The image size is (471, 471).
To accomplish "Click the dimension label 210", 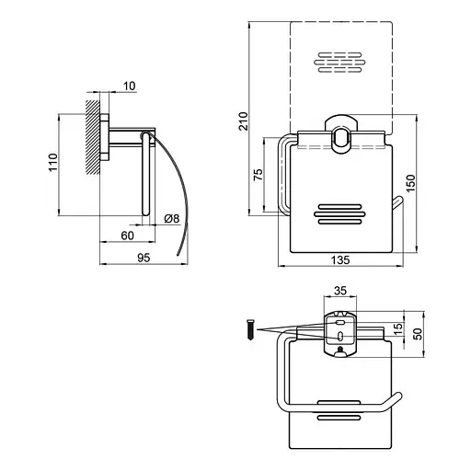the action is point(244,121).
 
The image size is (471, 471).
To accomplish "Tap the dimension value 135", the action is point(340,260).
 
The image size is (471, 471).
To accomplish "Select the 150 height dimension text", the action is point(410,183).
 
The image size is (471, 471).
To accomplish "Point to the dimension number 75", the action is point(258,174).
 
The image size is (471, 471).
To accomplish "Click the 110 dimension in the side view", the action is point(52,162).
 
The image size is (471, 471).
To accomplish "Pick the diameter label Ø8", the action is point(171,219).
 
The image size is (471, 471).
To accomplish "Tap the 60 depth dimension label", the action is point(127,235).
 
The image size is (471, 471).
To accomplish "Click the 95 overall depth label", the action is point(144,258).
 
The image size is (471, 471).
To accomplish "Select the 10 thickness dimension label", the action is point(130,86).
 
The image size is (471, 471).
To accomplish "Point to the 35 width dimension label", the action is point(340,291).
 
